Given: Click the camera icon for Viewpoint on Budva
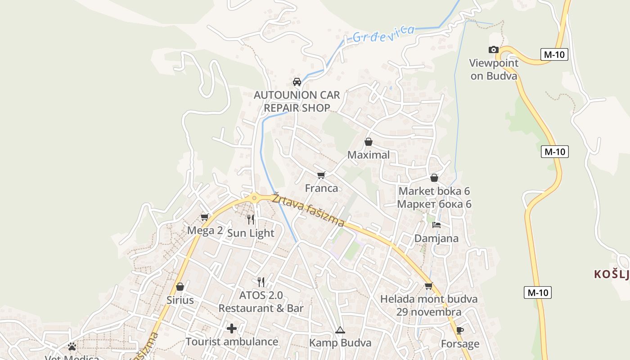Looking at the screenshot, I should click(x=494, y=50).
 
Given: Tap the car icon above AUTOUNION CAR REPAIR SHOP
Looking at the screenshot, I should click(x=297, y=82).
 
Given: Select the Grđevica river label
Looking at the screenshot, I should click(x=383, y=33).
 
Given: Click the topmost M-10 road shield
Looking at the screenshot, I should click(x=554, y=55).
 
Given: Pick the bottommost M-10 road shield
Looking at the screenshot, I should click(x=538, y=292).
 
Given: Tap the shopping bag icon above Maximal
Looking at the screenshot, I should click(x=369, y=142).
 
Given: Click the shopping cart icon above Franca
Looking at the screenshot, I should click(x=321, y=175).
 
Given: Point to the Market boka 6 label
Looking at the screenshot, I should click(x=434, y=191).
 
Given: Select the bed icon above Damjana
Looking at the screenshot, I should click(x=436, y=225).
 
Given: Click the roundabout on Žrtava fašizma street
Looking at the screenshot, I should click(x=255, y=198).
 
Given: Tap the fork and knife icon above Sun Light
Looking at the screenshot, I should click(x=251, y=220).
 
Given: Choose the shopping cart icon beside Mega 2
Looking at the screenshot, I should click(x=205, y=217).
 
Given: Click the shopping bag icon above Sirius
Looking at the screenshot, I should click(x=180, y=287).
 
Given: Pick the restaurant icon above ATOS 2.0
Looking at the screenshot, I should click(x=261, y=282).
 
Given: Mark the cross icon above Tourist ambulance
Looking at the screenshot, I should click(x=232, y=328).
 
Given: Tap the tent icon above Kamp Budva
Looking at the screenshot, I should click(x=340, y=330).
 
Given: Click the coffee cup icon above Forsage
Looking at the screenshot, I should click(x=459, y=331).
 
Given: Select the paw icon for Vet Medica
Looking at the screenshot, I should click(x=72, y=346).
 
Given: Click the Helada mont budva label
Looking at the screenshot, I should click(x=429, y=299).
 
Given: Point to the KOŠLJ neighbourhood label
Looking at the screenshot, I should click(x=611, y=274).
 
